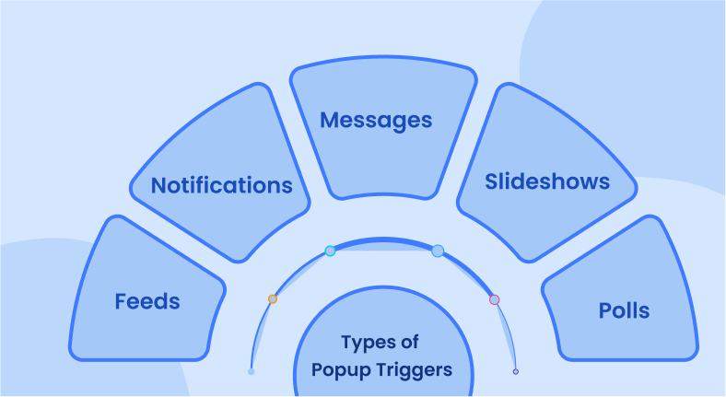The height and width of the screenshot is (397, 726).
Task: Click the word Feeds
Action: click(x=147, y=301)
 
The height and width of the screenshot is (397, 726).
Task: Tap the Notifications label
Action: click(x=221, y=185)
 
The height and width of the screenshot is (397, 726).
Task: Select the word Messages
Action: click(x=376, y=120)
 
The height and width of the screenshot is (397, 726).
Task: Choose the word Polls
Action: click(x=624, y=310)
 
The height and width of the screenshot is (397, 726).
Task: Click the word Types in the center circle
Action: click(x=365, y=344)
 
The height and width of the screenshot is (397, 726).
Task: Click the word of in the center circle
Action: click(x=410, y=344)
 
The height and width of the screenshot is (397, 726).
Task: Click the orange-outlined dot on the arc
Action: click(x=272, y=298)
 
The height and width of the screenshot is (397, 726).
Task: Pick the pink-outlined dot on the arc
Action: click(x=495, y=299)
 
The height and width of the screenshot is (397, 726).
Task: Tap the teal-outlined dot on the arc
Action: click(x=330, y=251)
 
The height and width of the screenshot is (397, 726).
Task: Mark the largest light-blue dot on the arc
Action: click(x=438, y=251)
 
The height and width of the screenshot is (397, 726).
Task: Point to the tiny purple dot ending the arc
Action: click(x=516, y=371)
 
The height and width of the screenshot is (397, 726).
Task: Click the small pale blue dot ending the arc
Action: click(x=251, y=371)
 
